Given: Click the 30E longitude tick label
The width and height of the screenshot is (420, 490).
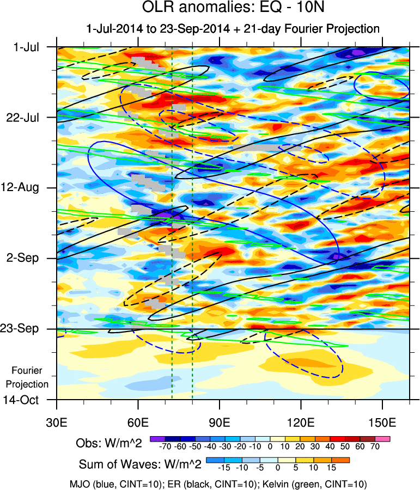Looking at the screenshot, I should pyautogui.click(x=57, y=422).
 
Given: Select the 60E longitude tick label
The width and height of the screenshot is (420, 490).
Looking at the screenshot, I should pyautogui.click(x=138, y=422).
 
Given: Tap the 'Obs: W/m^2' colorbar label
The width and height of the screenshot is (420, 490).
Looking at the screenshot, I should pyautogui.click(x=109, y=443).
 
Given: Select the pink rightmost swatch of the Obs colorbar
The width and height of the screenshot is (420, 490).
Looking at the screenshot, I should pyautogui.click(x=383, y=438).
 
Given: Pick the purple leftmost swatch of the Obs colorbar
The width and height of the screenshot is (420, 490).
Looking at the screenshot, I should pyautogui.click(x=157, y=438).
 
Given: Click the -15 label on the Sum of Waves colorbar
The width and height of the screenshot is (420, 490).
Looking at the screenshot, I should pyautogui.click(x=224, y=468).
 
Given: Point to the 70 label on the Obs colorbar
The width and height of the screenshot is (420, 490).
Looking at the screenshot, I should pyautogui.click(x=375, y=446).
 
